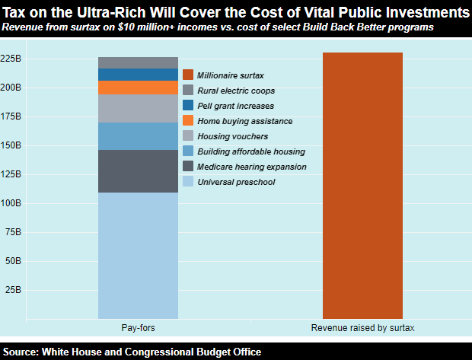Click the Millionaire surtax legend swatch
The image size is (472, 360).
pyautogui.click(x=188, y=75)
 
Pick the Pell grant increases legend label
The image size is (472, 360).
pyautogui.click(x=235, y=106)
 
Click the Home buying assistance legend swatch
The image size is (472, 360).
pyautogui.click(x=188, y=121)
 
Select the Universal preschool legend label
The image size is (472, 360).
pyautogui.click(x=236, y=182)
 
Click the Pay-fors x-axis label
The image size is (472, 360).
pyautogui.click(x=138, y=328)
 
